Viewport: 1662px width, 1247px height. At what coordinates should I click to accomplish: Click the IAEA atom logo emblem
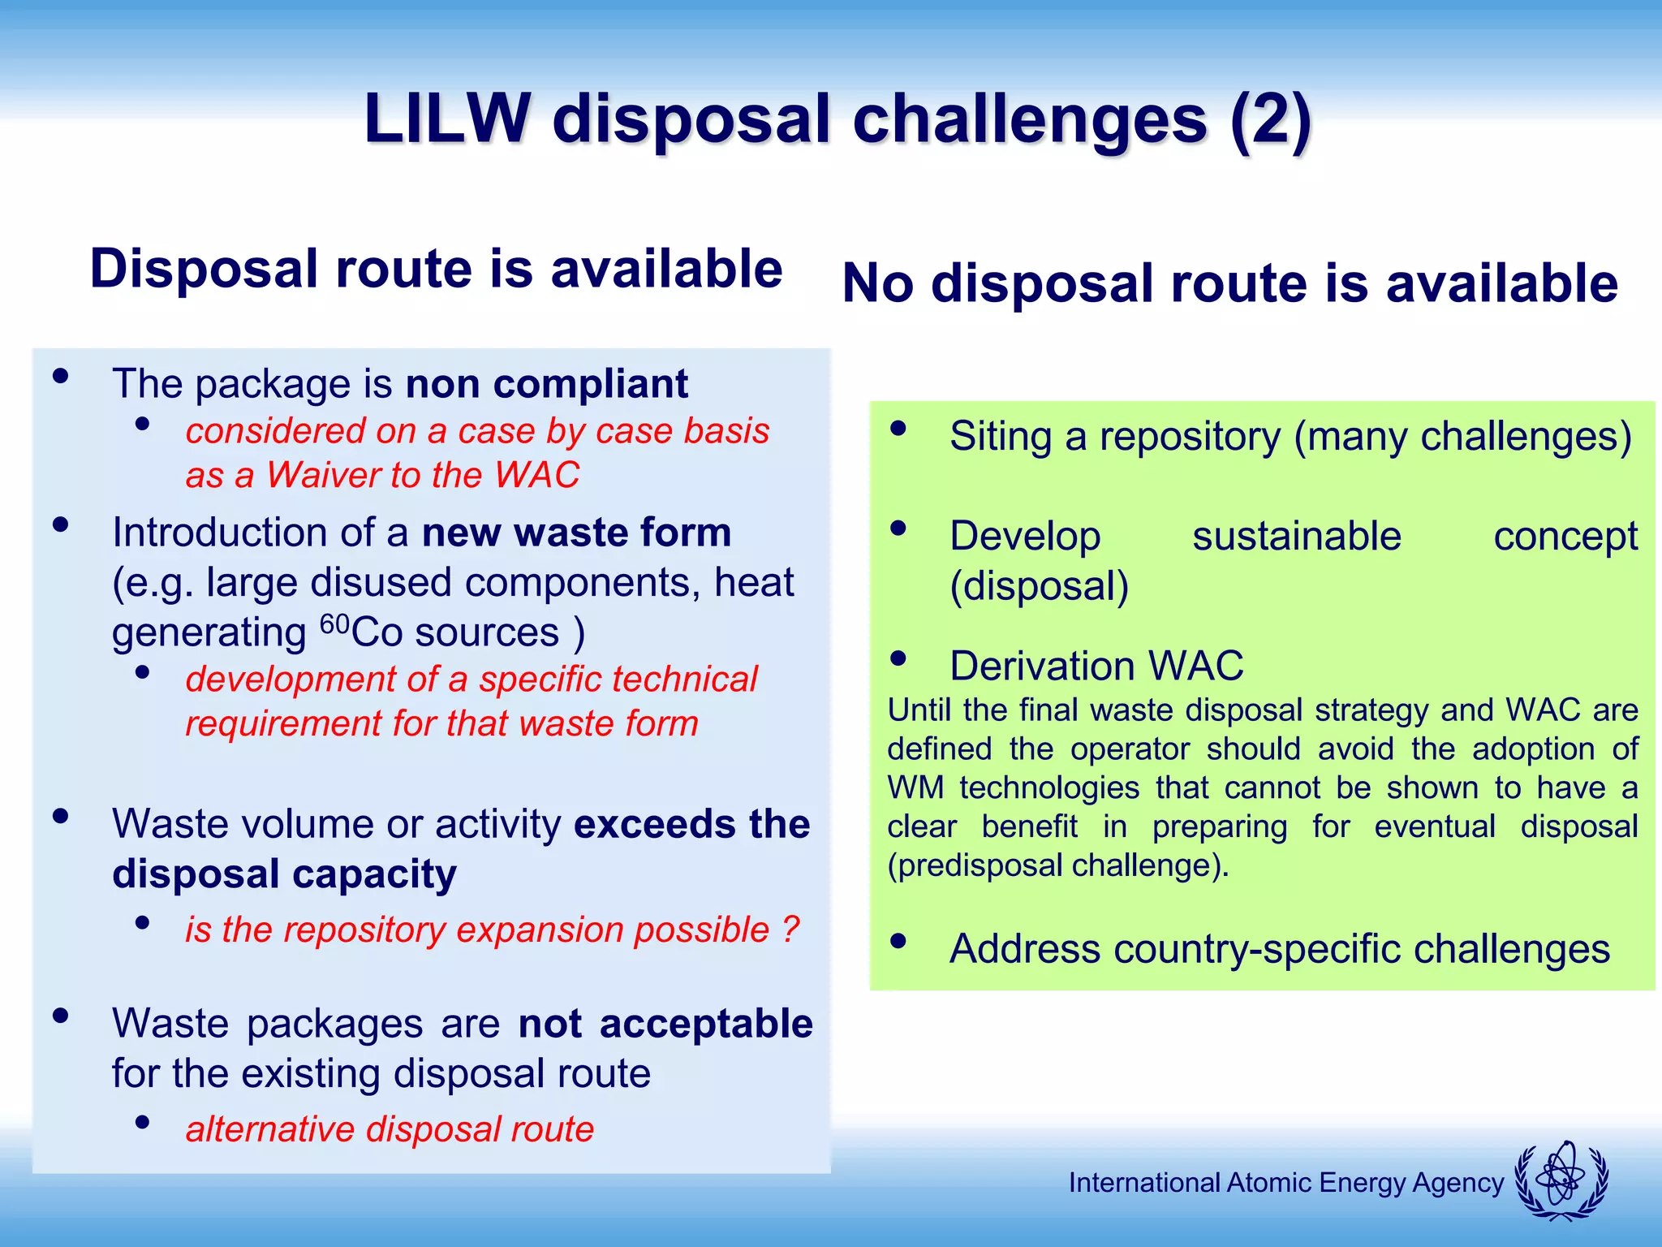1561,1180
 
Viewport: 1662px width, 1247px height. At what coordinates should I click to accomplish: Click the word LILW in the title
447,119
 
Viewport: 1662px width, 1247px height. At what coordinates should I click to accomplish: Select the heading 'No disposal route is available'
1229,283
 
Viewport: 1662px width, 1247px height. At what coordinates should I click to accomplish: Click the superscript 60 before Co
334,623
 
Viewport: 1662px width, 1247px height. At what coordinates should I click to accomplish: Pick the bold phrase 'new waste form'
576,533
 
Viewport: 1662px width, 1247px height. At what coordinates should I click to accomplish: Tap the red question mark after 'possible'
791,930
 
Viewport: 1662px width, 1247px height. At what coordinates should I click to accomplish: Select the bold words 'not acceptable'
665,1024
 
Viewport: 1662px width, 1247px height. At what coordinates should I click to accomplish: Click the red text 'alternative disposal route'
390,1129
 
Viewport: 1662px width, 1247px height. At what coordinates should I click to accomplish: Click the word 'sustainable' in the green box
1296,537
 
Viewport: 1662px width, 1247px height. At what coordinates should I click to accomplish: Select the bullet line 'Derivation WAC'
1096,667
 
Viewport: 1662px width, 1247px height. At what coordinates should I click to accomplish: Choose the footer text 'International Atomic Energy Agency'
1285,1183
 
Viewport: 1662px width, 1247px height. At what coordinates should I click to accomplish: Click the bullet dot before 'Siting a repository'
898,429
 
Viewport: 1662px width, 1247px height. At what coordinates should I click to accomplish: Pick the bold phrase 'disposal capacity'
284,874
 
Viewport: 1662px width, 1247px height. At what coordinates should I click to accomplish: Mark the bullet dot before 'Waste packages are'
60,1016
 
